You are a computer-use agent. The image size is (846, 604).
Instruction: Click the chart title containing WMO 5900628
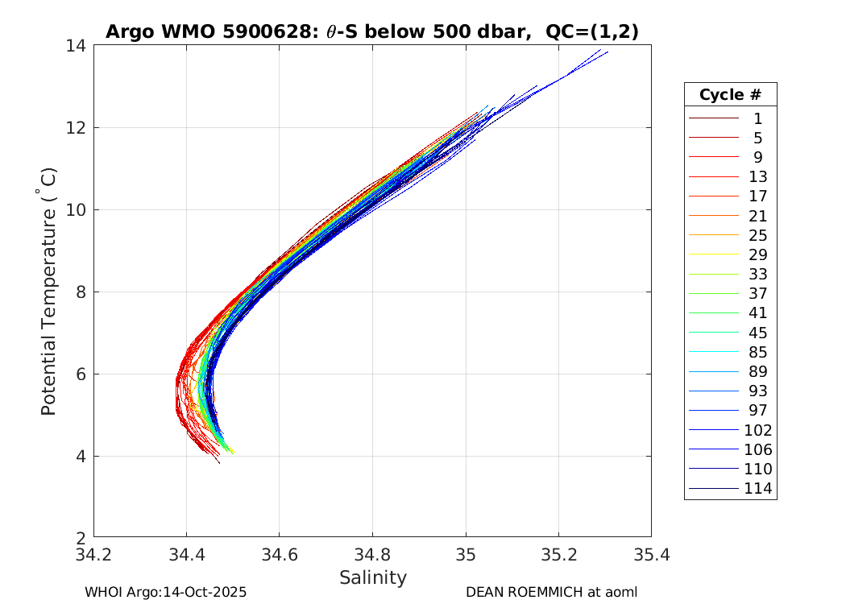click(x=372, y=31)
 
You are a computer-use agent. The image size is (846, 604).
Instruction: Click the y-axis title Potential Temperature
click(x=49, y=292)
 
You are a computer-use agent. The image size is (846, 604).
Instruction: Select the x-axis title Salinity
click(x=372, y=577)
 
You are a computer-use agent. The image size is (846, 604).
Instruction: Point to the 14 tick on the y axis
click(x=79, y=46)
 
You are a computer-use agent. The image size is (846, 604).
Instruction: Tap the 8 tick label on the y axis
click(x=79, y=292)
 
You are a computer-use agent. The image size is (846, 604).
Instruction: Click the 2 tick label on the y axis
click(x=79, y=537)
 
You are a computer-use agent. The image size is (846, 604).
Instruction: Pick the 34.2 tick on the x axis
click(x=94, y=555)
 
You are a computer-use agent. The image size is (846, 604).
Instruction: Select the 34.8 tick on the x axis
click(x=372, y=555)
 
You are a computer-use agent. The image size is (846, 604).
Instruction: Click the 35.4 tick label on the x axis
click(x=651, y=555)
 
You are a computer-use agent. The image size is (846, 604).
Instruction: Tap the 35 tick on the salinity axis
click(x=466, y=555)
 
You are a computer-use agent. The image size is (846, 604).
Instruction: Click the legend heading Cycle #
click(x=730, y=94)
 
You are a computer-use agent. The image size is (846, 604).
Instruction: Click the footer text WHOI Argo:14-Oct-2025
click(x=165, y=592)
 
